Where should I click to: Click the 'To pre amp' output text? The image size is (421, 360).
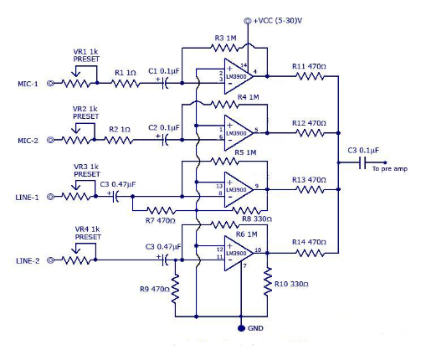pos(391,169)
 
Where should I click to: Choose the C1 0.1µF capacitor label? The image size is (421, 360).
pos(162,71)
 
